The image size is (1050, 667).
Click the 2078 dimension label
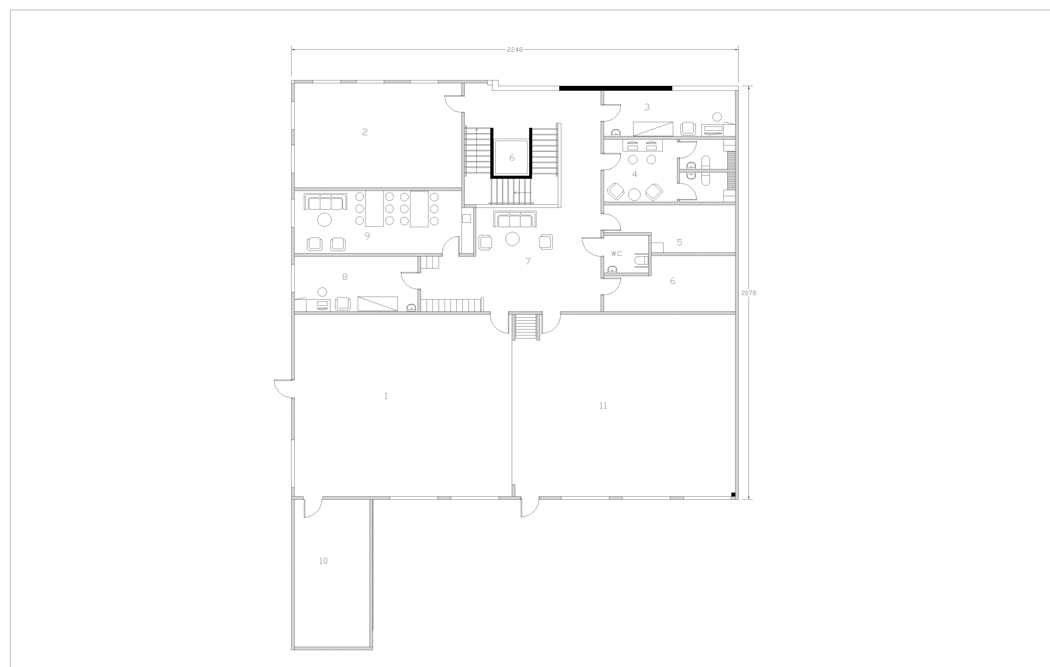point(749,293)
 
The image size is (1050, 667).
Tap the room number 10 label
point(323,560)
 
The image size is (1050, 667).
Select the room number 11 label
point(603,405)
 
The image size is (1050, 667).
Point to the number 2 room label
point(365,132)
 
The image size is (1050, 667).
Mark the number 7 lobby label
point(528,261)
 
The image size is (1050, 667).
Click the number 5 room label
point(679,242)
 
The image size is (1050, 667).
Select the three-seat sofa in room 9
point(325,202)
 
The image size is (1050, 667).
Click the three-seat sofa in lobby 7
point(515,219)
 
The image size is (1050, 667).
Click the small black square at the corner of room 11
point(733,494)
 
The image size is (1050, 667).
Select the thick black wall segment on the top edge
point(616,88)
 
